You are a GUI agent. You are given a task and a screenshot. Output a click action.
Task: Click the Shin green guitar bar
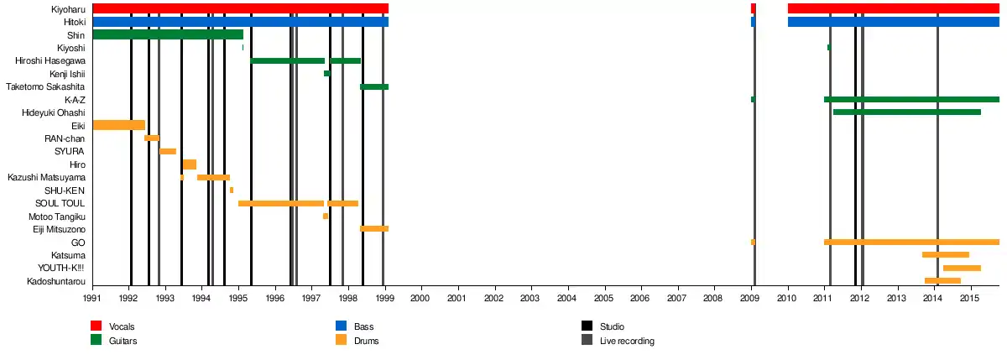click(x=168, y=34)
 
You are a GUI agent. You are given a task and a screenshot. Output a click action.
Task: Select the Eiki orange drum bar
click(x=118, y=125)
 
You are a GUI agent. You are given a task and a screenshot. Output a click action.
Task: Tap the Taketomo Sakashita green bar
click(x=374, y=86)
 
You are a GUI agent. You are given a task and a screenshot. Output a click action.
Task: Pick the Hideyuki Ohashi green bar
click(x=907, y=112)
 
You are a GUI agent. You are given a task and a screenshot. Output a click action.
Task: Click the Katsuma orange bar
click(x=946, y=255)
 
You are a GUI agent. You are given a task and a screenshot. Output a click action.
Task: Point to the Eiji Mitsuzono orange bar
click(x=374, y=229)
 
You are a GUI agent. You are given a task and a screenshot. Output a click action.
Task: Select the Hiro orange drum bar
click(x=190, y=164)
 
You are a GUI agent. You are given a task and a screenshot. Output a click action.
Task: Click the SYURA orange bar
click(x=168, y=151)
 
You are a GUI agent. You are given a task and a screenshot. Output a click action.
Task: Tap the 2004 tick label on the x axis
click(x=566, y=298)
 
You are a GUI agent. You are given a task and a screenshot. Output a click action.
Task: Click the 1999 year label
click(x=384, y=298)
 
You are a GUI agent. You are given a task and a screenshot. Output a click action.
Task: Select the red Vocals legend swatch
click(x=97, y=326)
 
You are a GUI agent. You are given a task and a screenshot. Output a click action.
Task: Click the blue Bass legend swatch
click(x=342, y=326)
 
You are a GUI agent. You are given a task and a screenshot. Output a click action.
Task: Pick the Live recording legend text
click(x=627, y=342)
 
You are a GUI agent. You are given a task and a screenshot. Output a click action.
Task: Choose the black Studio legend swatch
click(x=587, y=326)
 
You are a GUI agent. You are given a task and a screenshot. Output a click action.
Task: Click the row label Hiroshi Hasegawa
click(x=50, y=61)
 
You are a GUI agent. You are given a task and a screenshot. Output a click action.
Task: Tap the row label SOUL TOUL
click(x=60, y=204)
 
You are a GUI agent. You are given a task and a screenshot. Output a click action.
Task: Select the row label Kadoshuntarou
click(x=56, y=282)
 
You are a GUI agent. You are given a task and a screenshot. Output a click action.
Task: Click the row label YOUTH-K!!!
click(x=60, y=269)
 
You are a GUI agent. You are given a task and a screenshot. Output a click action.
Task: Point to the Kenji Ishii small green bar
click(x=327, y=73)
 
